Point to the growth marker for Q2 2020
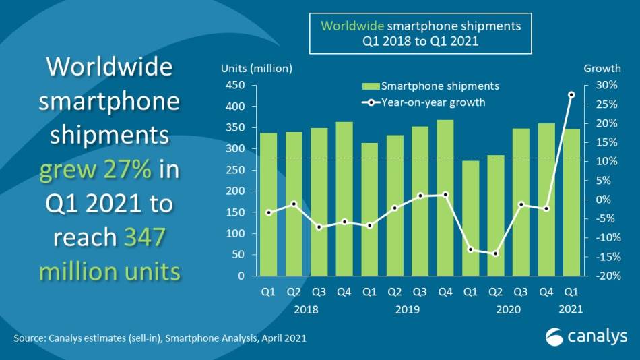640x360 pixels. click(x=496, y=253)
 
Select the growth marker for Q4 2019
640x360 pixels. click(x=445, y=195)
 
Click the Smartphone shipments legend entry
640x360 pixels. click(x=431, y=86)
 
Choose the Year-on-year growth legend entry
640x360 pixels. click(x=424, y=102)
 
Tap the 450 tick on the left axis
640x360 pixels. click(x=235, y=85)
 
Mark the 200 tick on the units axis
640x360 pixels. click(x=235, y=191)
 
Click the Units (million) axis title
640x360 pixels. click(x=257, y=68)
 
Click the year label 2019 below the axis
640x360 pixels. click(x=407, y=309)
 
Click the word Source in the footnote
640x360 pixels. click(x=28, y=338)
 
